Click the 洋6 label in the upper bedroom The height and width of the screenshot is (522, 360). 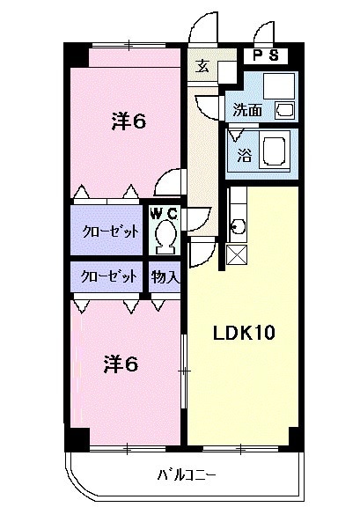(x=128, y=122)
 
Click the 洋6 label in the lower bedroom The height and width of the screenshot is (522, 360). (x=121, y=363)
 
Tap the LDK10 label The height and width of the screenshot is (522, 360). (x=246, y=333)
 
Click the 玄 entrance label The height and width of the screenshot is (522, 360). (x=202, y=67)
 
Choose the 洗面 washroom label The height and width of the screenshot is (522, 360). (x=247, y=110)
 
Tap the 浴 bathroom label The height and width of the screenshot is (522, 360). (x=244, y=156)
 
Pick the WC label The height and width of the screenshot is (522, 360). (x=164, y=213)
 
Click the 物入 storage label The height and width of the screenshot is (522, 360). (x=165, y=276)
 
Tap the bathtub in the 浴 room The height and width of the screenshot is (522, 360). (x=278, y=151)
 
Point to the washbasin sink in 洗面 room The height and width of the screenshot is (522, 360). (x=286, y=110)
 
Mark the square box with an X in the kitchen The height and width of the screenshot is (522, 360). (x=236, y=254)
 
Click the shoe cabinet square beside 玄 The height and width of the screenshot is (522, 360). (x=228, y=72)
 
